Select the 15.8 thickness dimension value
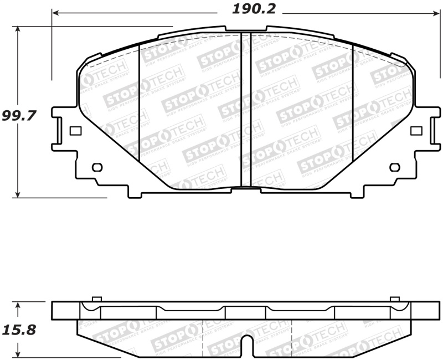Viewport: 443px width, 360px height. coord(19,330)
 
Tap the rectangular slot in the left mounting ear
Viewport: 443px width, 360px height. coord(76,131)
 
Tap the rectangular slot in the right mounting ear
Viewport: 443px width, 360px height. coord(416,131)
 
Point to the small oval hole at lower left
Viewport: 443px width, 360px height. coord(96,167)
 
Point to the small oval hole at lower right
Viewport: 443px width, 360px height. coord(394,167)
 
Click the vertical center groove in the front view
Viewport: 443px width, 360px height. coord(246,111)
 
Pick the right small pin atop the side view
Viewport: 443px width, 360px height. coord(395,300)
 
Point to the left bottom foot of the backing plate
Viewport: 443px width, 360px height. coord(135,194)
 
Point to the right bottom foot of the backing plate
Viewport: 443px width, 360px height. coord(357,194)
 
